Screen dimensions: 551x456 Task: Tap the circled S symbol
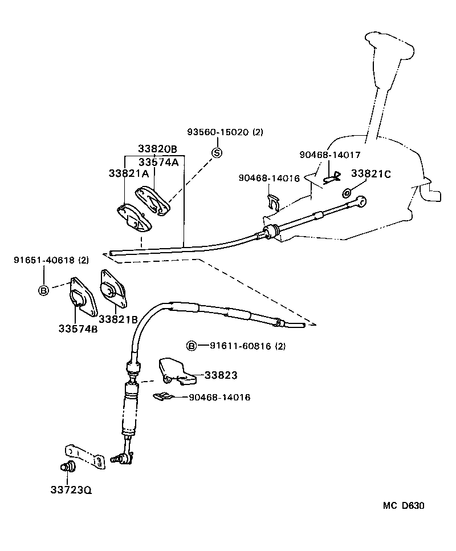(217, 152)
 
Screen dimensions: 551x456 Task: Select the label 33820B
(157, 149)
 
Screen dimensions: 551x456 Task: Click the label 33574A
(158, 161)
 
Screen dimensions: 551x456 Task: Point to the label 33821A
(128, 173)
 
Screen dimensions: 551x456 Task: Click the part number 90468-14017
(330, 155)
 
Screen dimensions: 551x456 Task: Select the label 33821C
(370, 173)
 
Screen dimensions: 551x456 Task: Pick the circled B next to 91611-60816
(192, 346)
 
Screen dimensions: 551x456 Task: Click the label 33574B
(78, 329)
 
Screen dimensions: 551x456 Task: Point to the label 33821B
(118, 319)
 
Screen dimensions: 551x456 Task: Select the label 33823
(221, 376)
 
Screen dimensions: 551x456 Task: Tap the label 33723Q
(71, 489)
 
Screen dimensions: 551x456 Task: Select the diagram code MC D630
(403, 506)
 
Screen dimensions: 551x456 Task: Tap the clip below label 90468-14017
(331, 177)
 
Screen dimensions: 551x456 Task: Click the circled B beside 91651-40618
(44, 290)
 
